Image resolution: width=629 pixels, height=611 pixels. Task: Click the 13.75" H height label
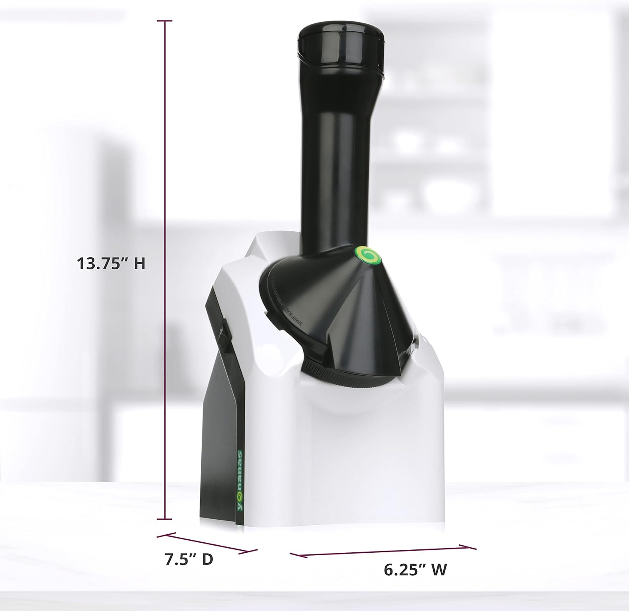point(111,264)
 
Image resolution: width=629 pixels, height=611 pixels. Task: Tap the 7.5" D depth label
point(189,559)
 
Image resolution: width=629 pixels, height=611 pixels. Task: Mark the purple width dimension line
point(383,551)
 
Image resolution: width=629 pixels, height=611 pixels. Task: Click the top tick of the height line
point(165,21)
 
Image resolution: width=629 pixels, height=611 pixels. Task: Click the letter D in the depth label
point(207,559)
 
